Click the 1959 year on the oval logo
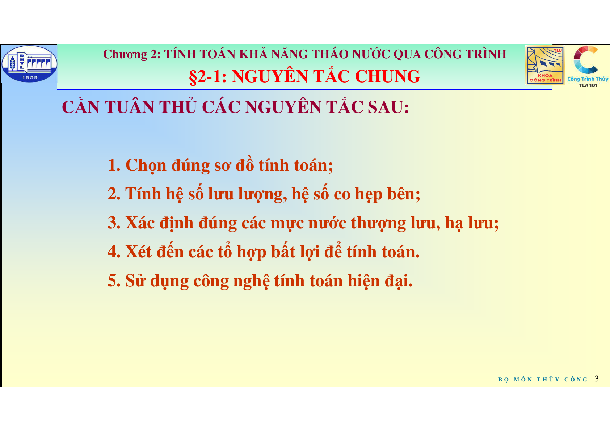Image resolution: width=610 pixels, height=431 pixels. (30, 77)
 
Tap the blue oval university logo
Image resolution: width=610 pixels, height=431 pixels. (29, 63)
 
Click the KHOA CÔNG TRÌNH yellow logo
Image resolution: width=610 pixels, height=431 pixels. (544, 66)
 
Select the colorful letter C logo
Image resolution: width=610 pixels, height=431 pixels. (585, 60)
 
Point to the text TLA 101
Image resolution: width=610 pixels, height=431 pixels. (588, 85)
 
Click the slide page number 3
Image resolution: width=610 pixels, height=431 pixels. (597, 379)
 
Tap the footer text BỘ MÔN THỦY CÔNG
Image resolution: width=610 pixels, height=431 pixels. (543, 379)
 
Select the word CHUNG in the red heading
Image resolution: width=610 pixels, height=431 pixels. (387, 76)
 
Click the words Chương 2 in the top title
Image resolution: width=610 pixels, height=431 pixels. (132, 54)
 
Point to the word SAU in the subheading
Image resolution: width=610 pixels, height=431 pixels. (388, 107)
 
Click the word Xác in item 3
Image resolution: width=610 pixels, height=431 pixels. (140, 222)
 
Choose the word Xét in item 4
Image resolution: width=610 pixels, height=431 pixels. (138, 251)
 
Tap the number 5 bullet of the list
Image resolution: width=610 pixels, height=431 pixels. (114, 281)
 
